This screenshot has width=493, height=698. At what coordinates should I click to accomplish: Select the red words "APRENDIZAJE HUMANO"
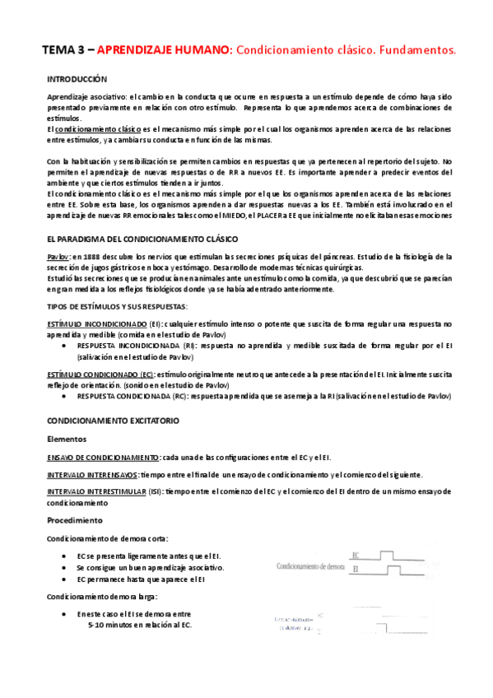163,51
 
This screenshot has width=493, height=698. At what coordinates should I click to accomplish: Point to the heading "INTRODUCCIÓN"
77,80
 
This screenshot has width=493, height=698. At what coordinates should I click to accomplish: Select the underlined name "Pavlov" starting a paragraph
58,258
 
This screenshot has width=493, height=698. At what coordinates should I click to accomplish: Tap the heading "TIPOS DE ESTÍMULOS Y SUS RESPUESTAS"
111,307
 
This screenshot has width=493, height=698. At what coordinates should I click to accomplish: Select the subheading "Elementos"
67,439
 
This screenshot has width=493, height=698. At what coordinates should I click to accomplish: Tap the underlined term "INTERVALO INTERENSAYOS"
91,475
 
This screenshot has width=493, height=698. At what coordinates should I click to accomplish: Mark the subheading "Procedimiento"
75,520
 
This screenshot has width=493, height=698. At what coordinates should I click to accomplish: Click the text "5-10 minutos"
114,626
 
